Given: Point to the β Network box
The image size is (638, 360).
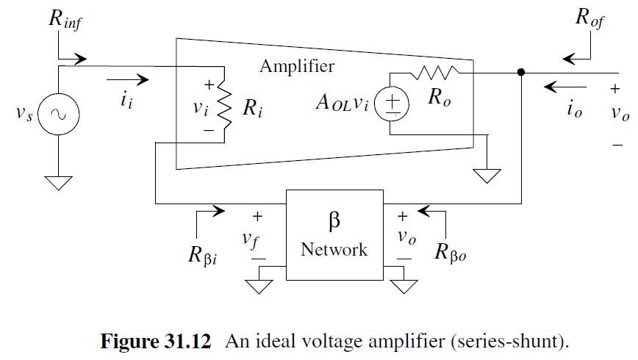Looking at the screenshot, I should coord(334,234).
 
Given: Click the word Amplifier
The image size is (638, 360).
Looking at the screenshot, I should coord(296,66).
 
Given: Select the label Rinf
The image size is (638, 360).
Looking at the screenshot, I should coord(66,20).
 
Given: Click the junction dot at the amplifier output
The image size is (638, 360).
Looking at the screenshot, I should coord(521,73).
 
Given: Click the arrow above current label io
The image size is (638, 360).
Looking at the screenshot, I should coord(559,87).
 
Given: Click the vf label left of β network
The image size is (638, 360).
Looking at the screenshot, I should coord(258,239).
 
